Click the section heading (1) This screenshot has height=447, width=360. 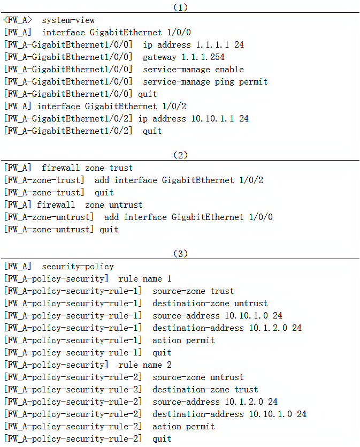click(181, 7)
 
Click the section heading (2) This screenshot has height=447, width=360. click(181, 155)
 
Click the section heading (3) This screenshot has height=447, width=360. click(181, 253)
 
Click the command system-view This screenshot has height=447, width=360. click(68, 20)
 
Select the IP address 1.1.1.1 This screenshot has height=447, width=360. click(212, 45)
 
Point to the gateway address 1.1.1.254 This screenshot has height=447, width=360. click(203, 57)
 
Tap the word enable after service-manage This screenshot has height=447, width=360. click(229, 70)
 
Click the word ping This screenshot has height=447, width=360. click(225, 82)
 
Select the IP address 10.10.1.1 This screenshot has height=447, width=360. click(212, 119)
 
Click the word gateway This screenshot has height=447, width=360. click(159, 57)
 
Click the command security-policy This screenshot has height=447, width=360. click(78, 267)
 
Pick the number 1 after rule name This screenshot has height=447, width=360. click(169, 278)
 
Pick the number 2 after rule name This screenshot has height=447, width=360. click(169, 365)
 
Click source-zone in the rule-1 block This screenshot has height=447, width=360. click(179, 291)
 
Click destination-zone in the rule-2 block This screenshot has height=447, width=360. click(191, 389)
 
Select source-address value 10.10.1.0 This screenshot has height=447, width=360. click(247, 316)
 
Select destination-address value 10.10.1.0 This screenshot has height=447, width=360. click(270, 414)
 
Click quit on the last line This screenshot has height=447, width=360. click(162, 439)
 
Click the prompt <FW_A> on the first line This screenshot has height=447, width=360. click(18, 20)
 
